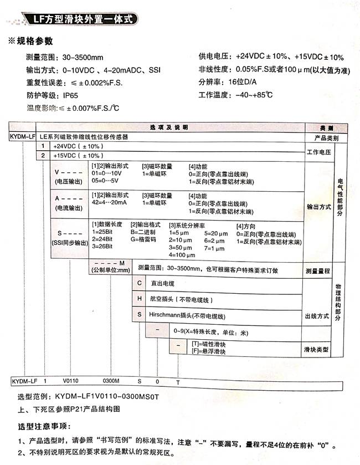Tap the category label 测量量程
pyautogui.click(x=317, y=271)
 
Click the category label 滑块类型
pyautogui.click(x=317, y=350)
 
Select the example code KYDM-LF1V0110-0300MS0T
pyautogui.click(x=106, y=397)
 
